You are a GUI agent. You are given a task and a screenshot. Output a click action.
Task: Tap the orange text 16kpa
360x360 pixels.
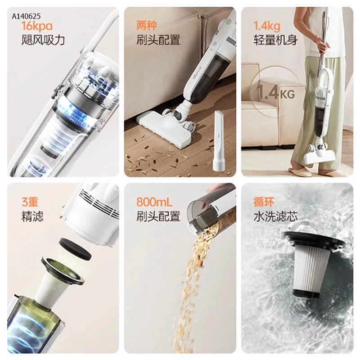[37, 26]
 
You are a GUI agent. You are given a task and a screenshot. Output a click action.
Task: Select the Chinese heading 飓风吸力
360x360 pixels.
[43, 40]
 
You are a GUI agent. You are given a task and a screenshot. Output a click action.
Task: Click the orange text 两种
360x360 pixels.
[147, 26]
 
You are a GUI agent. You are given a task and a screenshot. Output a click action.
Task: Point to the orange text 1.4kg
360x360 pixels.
[267, 26]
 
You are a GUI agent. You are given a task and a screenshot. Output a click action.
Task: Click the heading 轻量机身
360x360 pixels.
[275, 40]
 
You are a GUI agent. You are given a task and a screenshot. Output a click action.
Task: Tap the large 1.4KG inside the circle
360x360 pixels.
[276, 93]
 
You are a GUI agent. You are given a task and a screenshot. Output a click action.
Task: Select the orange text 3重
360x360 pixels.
[30, 202]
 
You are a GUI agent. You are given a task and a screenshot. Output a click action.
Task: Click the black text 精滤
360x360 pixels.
[32, 216]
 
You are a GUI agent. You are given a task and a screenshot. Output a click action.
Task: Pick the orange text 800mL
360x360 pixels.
[154, 202]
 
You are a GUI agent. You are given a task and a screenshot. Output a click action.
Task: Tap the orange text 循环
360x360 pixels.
[264, 202]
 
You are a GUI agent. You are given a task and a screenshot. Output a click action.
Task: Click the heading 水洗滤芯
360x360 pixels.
[275, 216]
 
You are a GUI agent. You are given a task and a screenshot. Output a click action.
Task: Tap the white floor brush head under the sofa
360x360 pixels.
[166, 129]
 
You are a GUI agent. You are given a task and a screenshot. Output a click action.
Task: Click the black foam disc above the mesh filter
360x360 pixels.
[75, 249]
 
